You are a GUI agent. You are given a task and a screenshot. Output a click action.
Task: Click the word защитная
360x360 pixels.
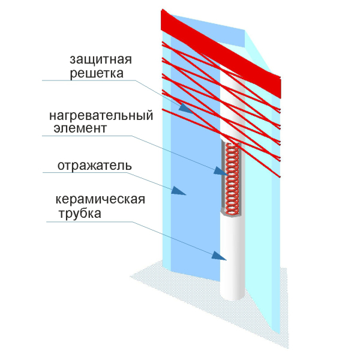pos(101,60)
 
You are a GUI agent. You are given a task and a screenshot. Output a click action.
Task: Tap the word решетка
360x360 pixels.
pos(97,73)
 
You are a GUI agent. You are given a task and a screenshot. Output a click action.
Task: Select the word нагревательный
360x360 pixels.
pos(101,115)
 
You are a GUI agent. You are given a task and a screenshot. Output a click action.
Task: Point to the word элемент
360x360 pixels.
pos(80,128)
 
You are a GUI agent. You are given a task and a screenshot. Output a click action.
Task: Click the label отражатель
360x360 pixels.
pos(95,166)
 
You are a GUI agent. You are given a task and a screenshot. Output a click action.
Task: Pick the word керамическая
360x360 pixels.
pos(100,199)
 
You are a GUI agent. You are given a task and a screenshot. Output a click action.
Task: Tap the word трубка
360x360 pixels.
pos(80,214)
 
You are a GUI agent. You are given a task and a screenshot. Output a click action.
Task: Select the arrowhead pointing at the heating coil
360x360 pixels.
pos(221,171)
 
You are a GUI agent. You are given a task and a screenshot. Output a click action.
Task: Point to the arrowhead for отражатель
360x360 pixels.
pos(178,191)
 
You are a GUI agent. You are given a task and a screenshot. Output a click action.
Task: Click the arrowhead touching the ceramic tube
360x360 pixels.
pos(219,256)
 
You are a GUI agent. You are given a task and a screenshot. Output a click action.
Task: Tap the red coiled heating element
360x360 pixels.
pos(232,179)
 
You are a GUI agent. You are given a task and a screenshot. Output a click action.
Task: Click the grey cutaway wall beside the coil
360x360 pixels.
pos(223,177)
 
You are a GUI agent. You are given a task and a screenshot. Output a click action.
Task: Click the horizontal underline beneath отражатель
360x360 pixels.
pos(85,172)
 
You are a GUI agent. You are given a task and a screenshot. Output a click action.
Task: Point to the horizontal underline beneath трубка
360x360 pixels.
pos(89,221)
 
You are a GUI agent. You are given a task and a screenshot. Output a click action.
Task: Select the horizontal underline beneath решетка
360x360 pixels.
pos(88,80)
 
